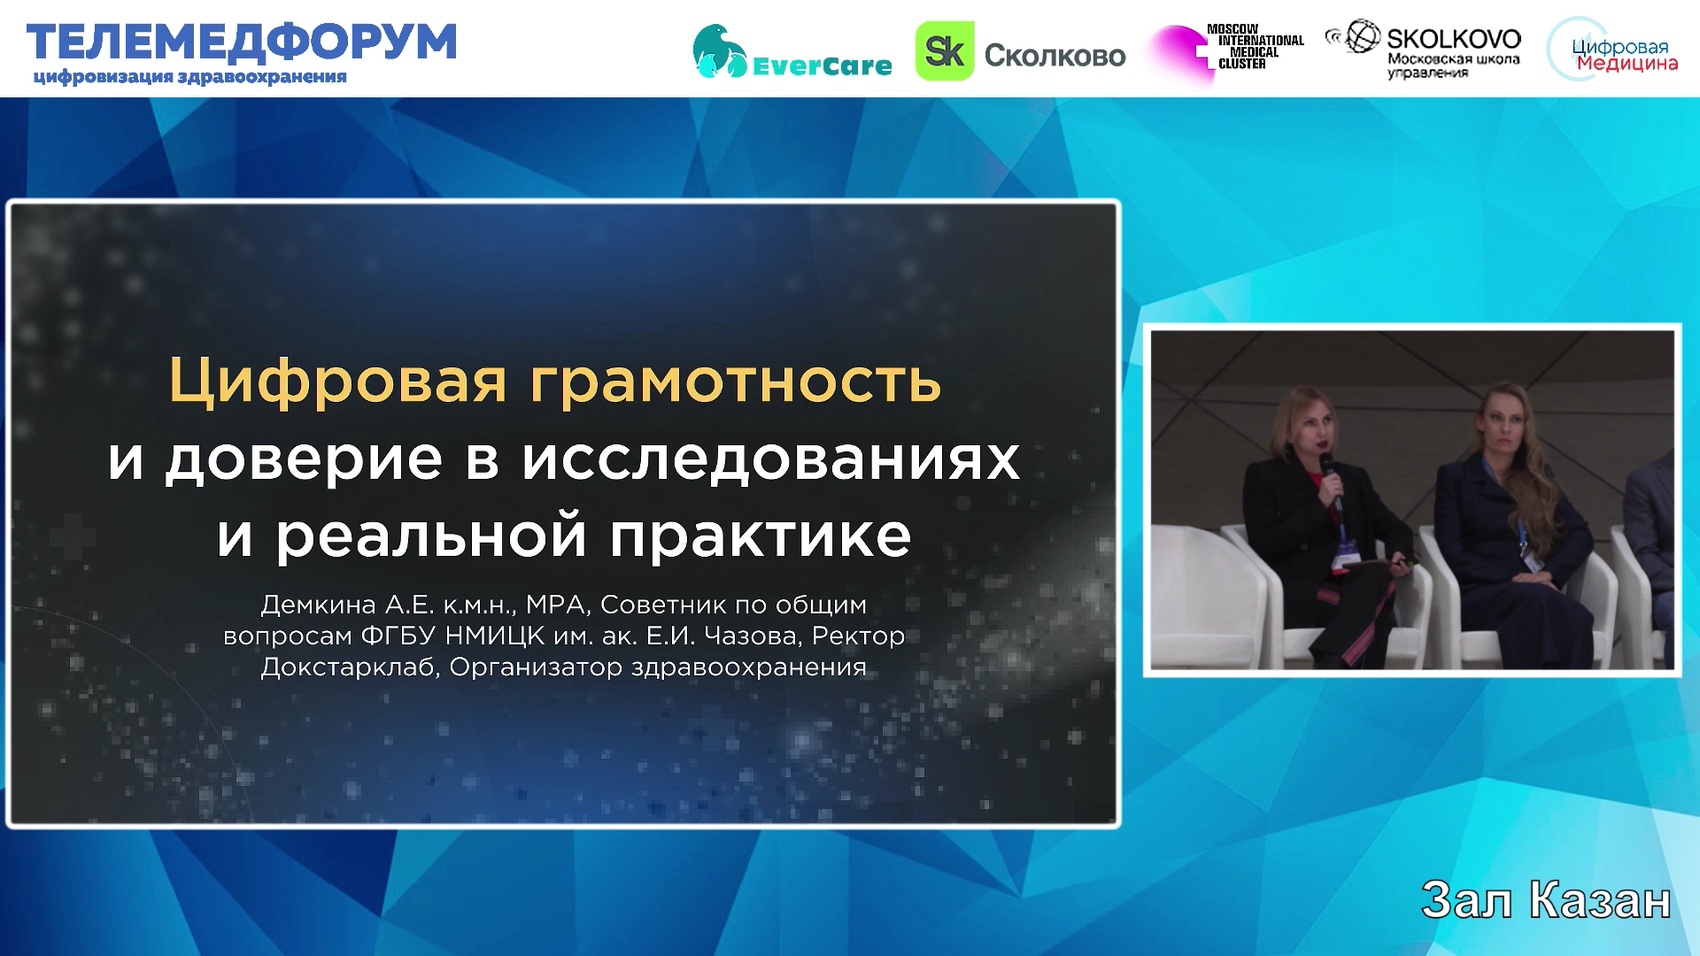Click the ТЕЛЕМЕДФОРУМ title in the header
click(242, 42)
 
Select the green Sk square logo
click(945, 51)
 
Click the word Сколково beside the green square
click(1055, 56)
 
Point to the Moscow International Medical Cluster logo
click(1226, 51)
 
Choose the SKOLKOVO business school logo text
click(1423, 50)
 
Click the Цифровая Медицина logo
click(1613, 50)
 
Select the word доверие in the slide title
click(304, 460)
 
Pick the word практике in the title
click(761, 536)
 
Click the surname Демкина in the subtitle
click(319, 606)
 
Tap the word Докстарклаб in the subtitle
click(349, 667)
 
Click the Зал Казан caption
click(1546, 901)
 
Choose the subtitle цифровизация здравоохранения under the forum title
click(189, 77)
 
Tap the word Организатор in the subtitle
click(536, 667)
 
